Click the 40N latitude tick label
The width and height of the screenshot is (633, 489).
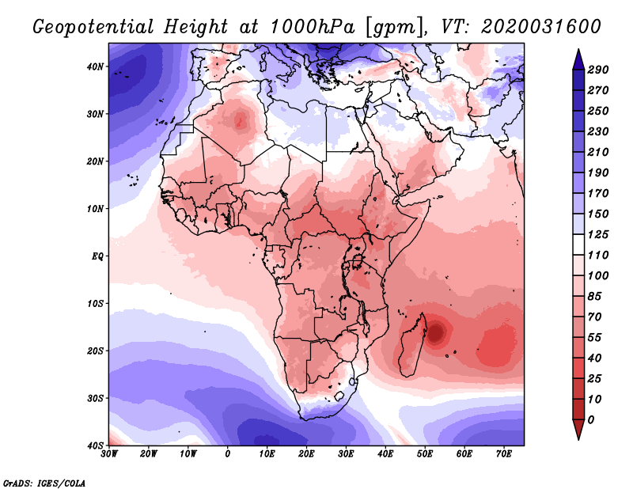(94, 66)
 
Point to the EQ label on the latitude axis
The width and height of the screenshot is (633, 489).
(96, 256)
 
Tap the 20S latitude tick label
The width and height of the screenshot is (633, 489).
(94, 351)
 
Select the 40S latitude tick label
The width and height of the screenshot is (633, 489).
(94, 445)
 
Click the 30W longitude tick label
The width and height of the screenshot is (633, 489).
(109, 454)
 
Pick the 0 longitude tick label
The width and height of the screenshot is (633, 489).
(228, 454)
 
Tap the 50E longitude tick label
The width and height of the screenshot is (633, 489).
(425, 454)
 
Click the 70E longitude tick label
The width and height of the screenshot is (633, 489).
(504, 454)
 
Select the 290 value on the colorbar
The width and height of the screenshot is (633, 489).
(597, 70)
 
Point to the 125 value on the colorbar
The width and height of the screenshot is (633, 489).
(597, 235)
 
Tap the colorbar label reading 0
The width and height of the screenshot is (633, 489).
(591, 419)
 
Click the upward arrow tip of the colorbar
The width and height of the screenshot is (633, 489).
(578, 51)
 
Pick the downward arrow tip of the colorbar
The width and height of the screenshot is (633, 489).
(578, 437)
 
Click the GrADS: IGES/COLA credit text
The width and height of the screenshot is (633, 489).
(44, 481)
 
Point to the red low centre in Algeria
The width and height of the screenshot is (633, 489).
(241, 121)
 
